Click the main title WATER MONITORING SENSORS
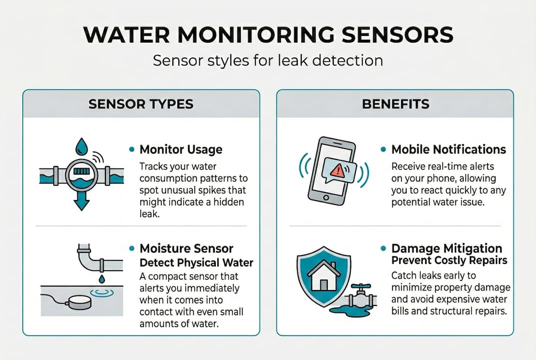pos(268,35)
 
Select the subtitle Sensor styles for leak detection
pos(268,60)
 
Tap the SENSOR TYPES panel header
pos(141,104)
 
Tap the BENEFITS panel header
pos(395,104)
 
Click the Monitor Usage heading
pos(181,149)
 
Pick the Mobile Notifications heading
pos(448,149)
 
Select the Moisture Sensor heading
pos(186,248)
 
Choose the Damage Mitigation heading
pos(447,248)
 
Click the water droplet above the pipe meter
pos(81,146)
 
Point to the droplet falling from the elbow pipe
pos(101,278)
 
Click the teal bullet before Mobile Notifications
pos(383,149)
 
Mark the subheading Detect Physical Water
pos(196,262)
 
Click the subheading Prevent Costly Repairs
pos(449,260)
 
